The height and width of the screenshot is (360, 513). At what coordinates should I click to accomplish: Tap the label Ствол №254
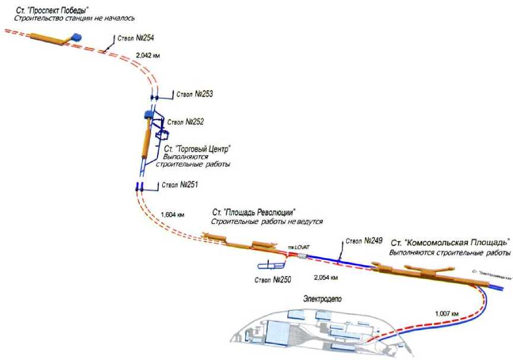(x=136, y=38)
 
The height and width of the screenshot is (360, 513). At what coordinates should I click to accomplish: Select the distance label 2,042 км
(x=148, y=55)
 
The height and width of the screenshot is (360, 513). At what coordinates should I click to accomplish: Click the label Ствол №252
(x=185, y=121)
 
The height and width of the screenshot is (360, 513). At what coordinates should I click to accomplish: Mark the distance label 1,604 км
(x=172, y=214)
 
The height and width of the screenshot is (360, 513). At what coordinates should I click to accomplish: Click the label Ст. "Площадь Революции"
(x=254, y=212)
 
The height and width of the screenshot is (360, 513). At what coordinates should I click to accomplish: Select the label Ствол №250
(x=272, y=279)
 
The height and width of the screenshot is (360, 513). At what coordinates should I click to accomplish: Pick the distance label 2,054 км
(x=326, y=277)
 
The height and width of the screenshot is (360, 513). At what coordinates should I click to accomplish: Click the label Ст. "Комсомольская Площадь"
(x=450, y=243)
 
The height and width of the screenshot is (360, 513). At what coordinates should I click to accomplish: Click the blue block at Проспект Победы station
(x=76, y=37)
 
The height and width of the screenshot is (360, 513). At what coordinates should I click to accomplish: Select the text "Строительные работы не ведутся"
(x=267, y=221)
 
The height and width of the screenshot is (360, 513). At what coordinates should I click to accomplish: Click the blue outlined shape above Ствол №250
(x=270, y=264)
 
